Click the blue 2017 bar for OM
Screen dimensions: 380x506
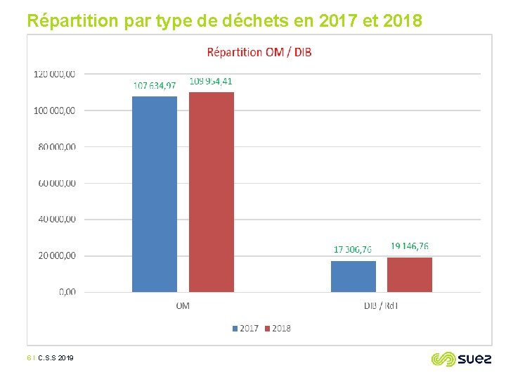click(155, 194)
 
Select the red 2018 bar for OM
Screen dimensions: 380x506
click(212, 191)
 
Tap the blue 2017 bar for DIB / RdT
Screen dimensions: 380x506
click(353, 276)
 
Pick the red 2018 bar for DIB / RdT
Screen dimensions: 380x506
click(410, 274)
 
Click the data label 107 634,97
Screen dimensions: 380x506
click(155, 86)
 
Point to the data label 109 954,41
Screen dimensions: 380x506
click(211, 82)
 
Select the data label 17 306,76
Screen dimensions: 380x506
click(353, 250)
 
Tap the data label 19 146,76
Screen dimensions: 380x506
click(410, 246)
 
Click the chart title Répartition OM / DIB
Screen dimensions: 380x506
click(259, 52)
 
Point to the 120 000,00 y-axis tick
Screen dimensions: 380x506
click(56, 73)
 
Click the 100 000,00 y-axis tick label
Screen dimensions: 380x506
click(56, 110)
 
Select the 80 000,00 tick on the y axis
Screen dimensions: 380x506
click(58, 146)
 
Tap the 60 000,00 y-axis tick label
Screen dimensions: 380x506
click(58, 183)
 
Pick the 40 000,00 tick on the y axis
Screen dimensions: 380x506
click(58, 219)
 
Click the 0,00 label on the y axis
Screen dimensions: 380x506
click(67, 291)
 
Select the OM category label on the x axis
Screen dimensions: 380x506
click(183, 306)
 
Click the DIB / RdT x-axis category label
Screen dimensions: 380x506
click(381, 306)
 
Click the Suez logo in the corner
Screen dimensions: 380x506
click(458, 359)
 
